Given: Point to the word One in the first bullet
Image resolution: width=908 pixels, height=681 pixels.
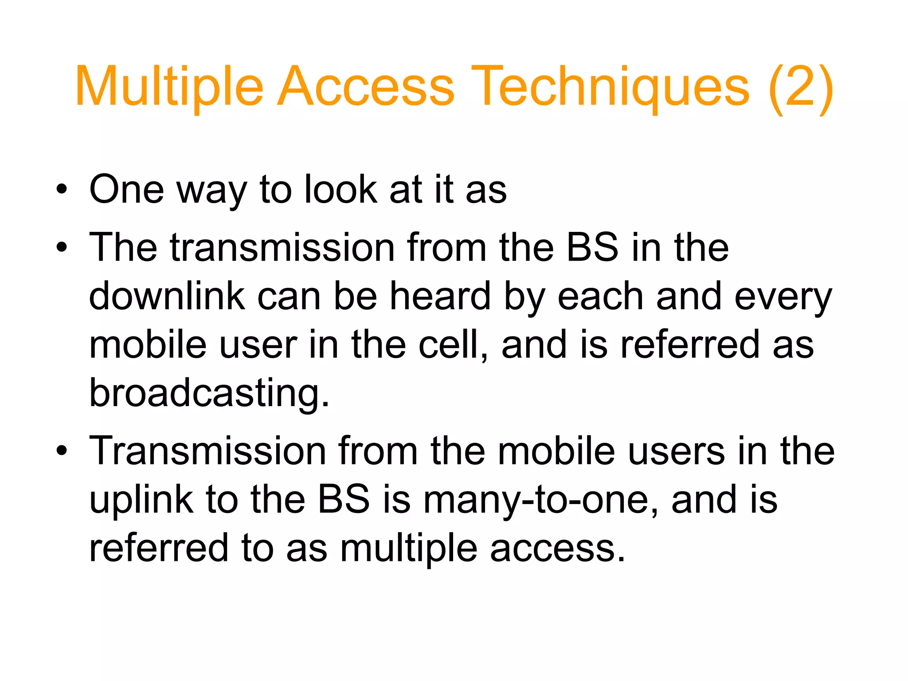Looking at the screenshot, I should coord(127,189).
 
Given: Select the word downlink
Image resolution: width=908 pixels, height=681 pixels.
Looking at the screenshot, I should coord(167,296).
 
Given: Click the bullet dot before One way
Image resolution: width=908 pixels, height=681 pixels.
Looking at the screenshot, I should coord(62,190).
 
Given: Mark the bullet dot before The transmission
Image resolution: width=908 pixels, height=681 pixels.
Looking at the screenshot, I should coord(62,247).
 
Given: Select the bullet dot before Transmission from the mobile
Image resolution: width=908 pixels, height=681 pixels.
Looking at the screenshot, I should coord(62,451).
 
